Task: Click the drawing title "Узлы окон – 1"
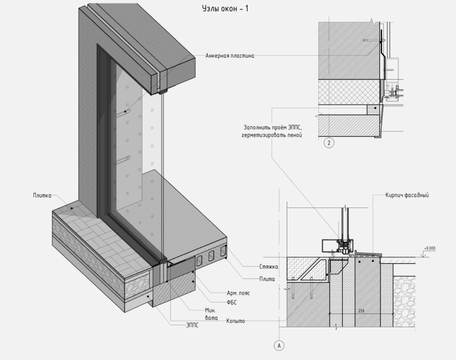[x=225, y=9]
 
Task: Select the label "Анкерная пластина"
[x=230, y=56]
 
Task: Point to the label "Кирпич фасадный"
[x=407, y=195]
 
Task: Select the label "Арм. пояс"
[x=238, y=293]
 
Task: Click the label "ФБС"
[x=232, y=302]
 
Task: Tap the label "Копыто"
[x=235, y=321]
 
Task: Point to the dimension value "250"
[x=361, y=311]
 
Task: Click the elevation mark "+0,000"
[x=429, y=248]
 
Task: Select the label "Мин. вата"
[x=211, y=313]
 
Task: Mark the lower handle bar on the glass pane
[x=123, y=159]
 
